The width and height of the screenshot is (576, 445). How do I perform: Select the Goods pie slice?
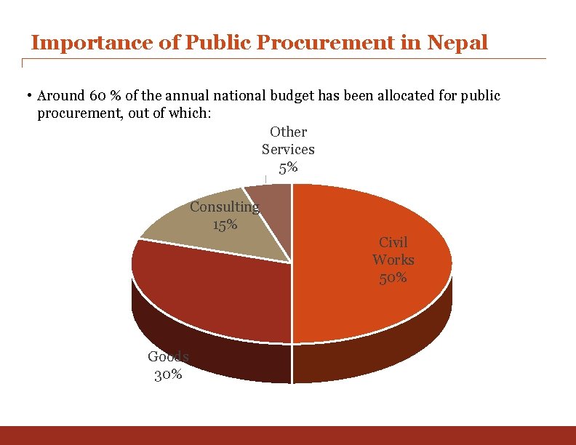point(211,291)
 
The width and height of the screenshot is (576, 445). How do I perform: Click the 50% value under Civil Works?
point(393,278)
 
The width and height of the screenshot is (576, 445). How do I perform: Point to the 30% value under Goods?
point(168,375)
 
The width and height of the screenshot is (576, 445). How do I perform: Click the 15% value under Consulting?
point(225,225)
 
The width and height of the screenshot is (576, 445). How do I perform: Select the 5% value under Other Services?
point(288,167)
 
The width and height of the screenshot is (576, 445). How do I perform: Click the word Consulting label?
point(224,207)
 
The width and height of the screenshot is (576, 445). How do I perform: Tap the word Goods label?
point(168,356)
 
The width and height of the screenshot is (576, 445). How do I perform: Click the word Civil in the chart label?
point(393,242)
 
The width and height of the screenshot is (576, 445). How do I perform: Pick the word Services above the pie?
point(288,150)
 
